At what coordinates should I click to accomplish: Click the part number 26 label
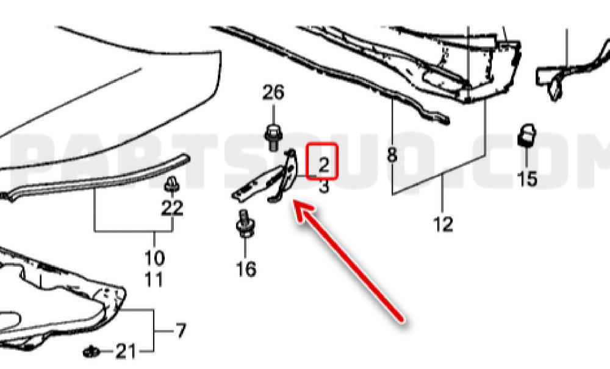point(273,93)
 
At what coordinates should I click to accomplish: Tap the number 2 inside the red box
point(323,165)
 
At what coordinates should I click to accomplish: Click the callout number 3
point(324,186)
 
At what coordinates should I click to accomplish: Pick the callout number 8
point(392,155)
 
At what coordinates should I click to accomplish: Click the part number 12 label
point(443,224)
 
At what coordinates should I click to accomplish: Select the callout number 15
point(527,178)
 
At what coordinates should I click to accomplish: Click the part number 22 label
point(172,208)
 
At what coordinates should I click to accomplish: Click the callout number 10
point(154,258)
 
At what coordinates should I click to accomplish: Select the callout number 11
point(154,279)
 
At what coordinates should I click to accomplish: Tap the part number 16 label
point(246,269)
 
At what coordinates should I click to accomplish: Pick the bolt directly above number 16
point(245,223)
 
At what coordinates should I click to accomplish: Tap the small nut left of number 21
point(92,351)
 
